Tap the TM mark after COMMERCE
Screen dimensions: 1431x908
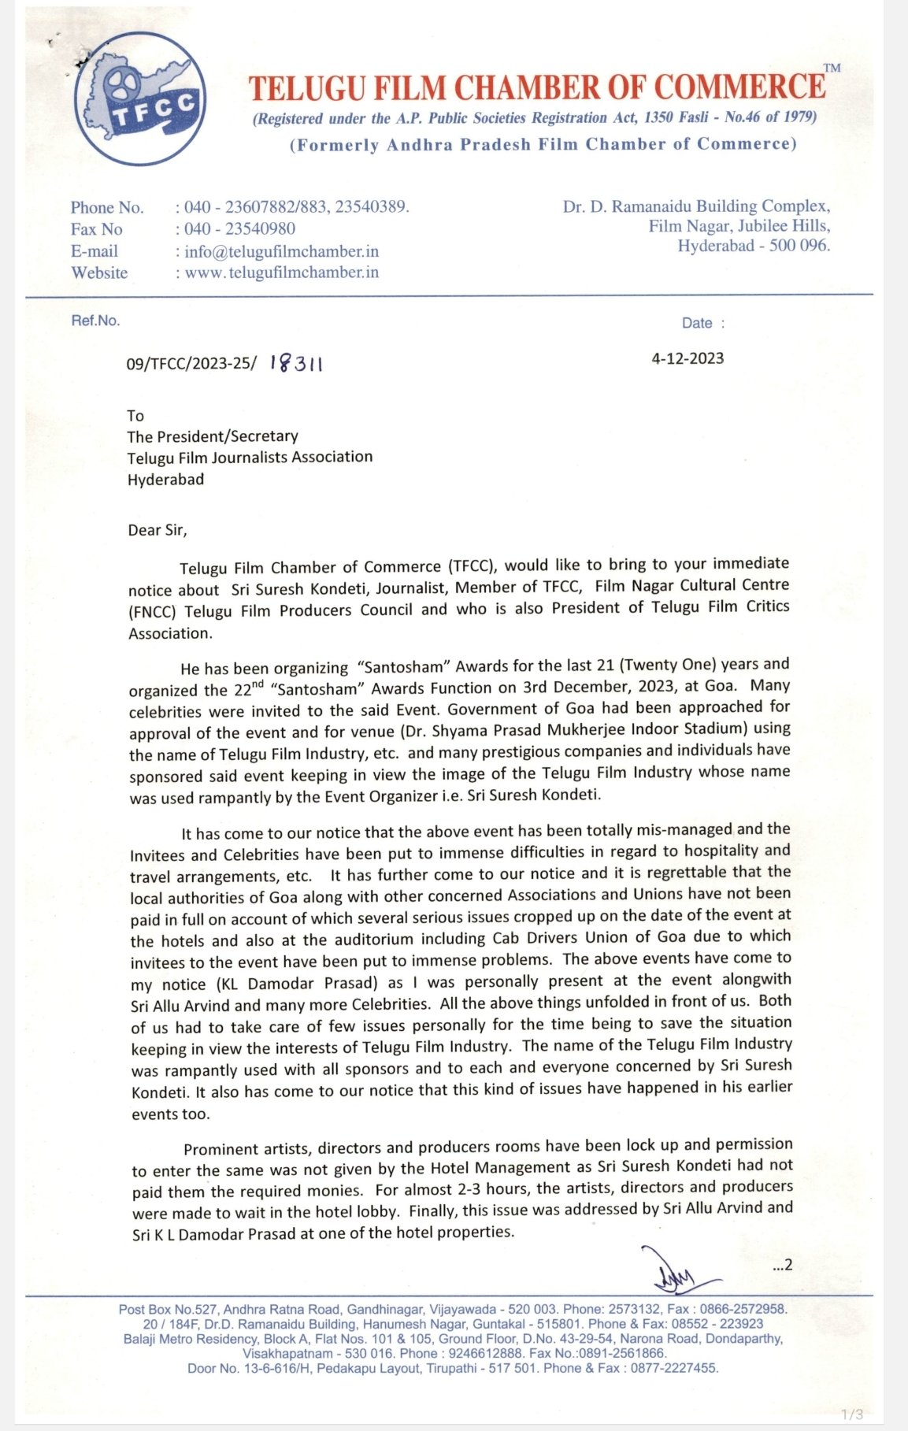click(x=832, y=69)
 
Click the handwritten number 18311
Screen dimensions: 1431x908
click(x=296, y=363)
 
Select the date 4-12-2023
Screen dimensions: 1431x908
click(x=687, y=358)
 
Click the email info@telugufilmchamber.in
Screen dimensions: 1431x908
click(x=281, y=251)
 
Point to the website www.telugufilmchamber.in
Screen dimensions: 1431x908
click(x=281, y=272)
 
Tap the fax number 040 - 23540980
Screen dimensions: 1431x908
click(x=239, y=229)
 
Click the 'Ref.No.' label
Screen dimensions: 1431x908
click(x=95, y=321)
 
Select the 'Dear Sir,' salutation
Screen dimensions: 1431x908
click(x=158, y=530)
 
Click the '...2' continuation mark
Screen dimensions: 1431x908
click(x=782, y=1266)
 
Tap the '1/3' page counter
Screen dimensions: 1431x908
click(x=852, y=1414)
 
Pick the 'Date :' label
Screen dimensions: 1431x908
click(x=703, y=323)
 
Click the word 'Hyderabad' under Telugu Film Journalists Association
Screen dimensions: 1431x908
click(x=165, y=479)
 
